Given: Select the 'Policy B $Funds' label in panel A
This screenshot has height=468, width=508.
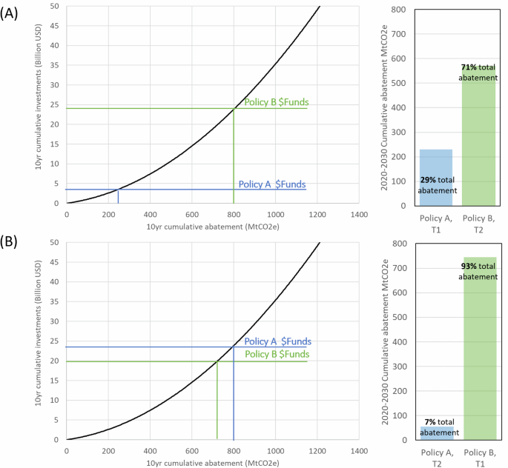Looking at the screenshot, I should [x=277, y=102].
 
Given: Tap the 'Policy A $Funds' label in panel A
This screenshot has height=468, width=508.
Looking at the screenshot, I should [x=272, y=184].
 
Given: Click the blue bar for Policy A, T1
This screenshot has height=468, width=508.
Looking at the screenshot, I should [x=436, y=178].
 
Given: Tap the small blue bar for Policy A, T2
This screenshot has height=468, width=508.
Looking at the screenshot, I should [x=437, y=432].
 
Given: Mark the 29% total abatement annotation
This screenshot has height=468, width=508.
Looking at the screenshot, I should [x=437, y=185].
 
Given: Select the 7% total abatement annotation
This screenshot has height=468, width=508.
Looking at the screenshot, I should [x=437, y=427].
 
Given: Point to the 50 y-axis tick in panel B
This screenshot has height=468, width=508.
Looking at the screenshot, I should [x=54, y=242].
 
